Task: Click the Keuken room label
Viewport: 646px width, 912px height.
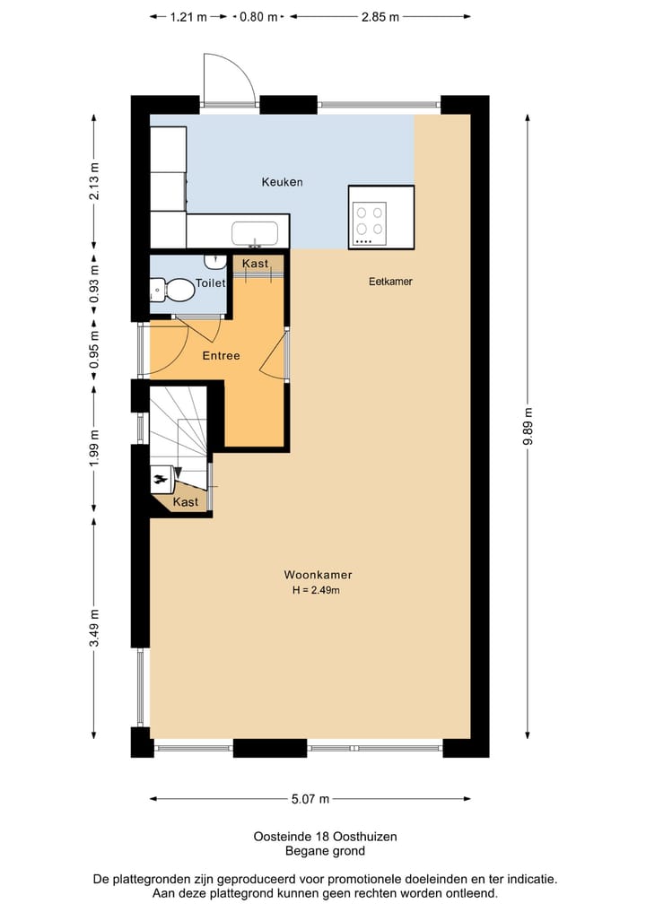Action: [x=282, y=182]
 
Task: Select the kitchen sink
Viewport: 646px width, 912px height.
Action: [x=255, y=234]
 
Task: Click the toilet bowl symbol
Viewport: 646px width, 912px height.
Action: [x=176, y=289]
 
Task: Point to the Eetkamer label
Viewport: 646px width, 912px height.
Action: [x=390, y=282]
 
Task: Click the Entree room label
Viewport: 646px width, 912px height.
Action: [x=221, y=356]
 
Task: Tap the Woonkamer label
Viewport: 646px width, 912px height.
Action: [x=318, y=575]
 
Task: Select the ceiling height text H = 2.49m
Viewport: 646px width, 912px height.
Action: [x=318, y=590]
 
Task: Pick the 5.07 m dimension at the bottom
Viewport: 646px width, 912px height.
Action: [x=310, y=799]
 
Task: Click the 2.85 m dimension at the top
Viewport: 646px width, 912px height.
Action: [x=380, y=16]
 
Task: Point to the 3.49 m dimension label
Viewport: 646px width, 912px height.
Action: [x=95, y=632]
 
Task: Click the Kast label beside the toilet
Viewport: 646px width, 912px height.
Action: [x=256, y=264]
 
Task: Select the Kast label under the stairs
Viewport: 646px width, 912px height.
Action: [x=186, y=502]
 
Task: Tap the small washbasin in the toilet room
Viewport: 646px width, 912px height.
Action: [x=215, y=261]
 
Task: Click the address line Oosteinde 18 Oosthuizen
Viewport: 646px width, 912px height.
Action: [x=325, y=836]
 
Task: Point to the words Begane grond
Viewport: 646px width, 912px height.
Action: [x=325, y=851]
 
